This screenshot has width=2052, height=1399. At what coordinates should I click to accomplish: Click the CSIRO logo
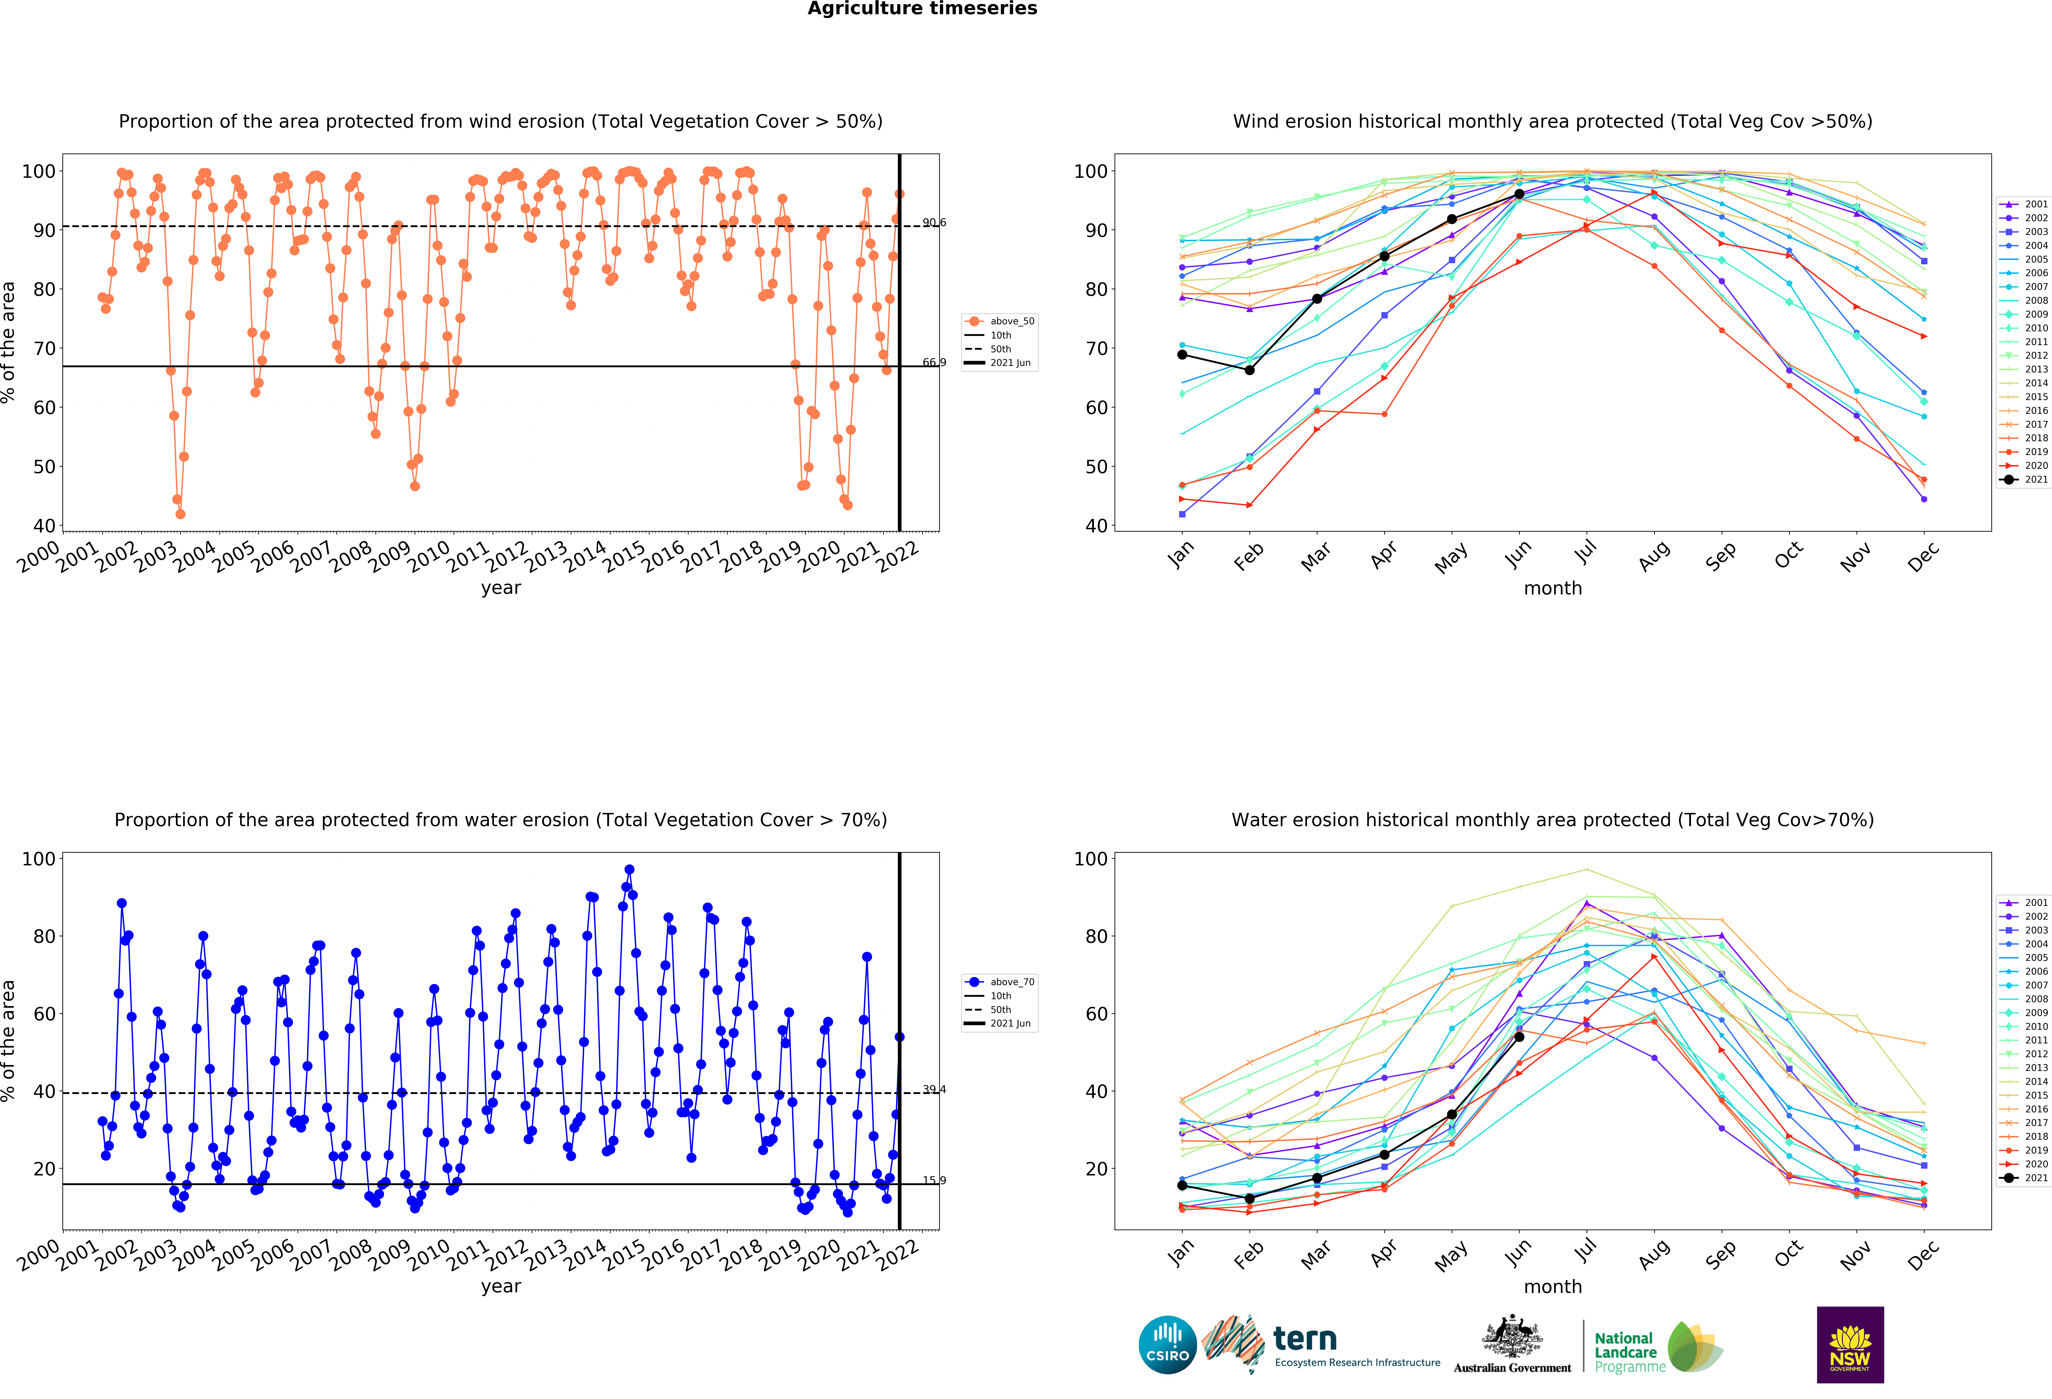pos(1167,1345)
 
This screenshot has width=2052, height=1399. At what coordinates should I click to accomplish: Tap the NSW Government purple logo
pos(1850,1344)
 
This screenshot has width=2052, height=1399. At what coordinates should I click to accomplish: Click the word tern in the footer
pos(1305,1339)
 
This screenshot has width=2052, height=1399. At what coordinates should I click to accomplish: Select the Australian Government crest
pos(1513,1336)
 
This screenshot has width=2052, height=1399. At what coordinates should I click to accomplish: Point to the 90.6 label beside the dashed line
pos(934,222)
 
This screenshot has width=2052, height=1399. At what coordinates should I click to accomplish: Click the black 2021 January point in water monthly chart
pos(1182,1185)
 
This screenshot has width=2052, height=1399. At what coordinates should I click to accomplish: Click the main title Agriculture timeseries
pos(923,9)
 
